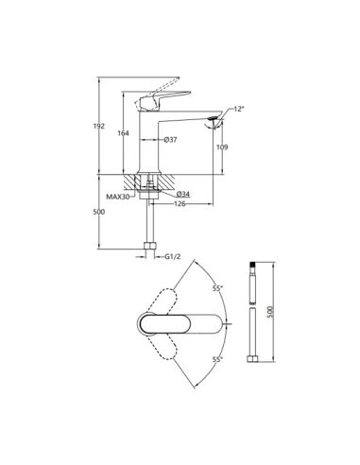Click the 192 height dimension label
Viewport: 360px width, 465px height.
tap(99, 126)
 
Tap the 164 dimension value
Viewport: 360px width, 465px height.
tap(123, 133)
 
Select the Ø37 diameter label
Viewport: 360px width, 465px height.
tap(170, 140)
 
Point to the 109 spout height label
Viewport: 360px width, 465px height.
tap(222, 147)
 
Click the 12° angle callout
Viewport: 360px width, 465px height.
tap(239, 109)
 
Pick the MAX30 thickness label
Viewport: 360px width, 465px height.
tap(118, 198)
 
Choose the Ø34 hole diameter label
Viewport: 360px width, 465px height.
tap(183, 194)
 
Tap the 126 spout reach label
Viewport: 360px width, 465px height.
tap(180, 204)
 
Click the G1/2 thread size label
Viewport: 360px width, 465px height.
tap(173, 257)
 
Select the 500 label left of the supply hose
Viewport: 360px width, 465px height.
tap(99, 212)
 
